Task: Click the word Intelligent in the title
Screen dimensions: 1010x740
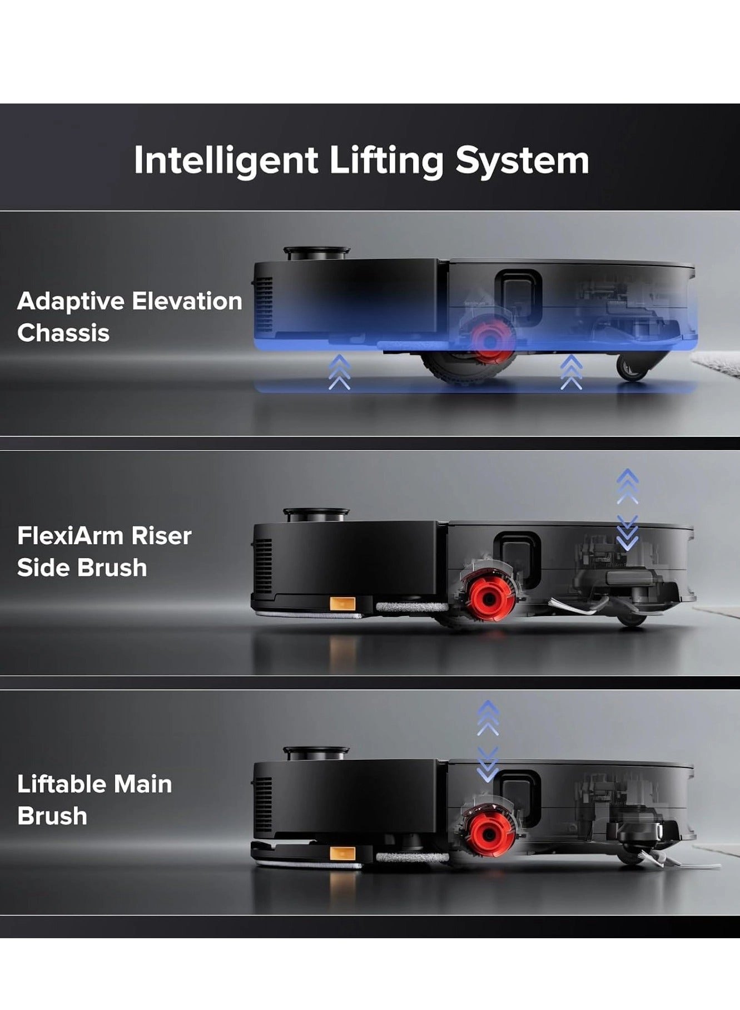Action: click(226, 161)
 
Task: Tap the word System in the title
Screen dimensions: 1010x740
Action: click(522, 161)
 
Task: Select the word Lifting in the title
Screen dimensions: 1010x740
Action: click(386, 161)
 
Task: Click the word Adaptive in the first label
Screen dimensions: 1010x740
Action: click(71, 301)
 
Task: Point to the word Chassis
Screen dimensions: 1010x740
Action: click(63, 333)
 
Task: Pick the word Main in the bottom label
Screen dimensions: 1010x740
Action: click(142, 784)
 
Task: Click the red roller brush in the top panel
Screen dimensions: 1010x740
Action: click(489, 340)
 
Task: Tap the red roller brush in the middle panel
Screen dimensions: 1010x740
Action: click(489, 599)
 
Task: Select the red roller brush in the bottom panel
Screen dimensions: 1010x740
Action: click(488, 835)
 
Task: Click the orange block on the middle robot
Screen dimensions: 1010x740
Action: click(342, 604)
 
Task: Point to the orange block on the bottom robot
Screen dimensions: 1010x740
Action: click(342, 853)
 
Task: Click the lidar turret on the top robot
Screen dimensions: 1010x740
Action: click(317, 254)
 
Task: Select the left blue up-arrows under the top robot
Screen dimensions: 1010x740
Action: click(339, 373)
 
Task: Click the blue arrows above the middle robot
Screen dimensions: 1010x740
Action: click(628, 509)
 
